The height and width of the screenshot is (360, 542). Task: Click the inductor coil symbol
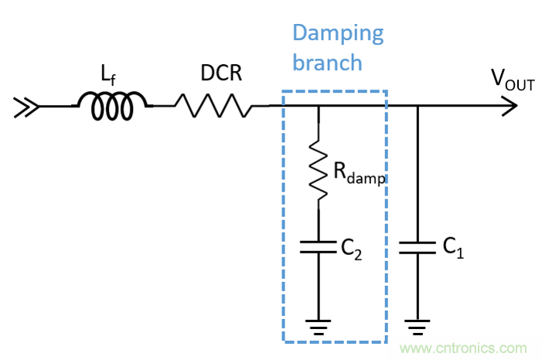(x=111, y=107)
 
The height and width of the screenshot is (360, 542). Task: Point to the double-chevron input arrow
(x=26, y=107)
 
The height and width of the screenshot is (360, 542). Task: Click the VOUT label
(x=512, y=79)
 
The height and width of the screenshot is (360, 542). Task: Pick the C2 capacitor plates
(x=318, y=247)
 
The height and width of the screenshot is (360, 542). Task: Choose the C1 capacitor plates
(x=418, y=247)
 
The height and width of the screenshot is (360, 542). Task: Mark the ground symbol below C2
(x=318, y=325)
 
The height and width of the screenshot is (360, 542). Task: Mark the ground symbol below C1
(x=418, y=325)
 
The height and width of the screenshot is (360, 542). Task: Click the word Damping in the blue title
(x=337, y=32)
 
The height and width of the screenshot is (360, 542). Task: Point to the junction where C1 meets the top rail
(x=418, y=107)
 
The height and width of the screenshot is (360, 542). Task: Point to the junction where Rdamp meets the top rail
(x=318, y=107)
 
